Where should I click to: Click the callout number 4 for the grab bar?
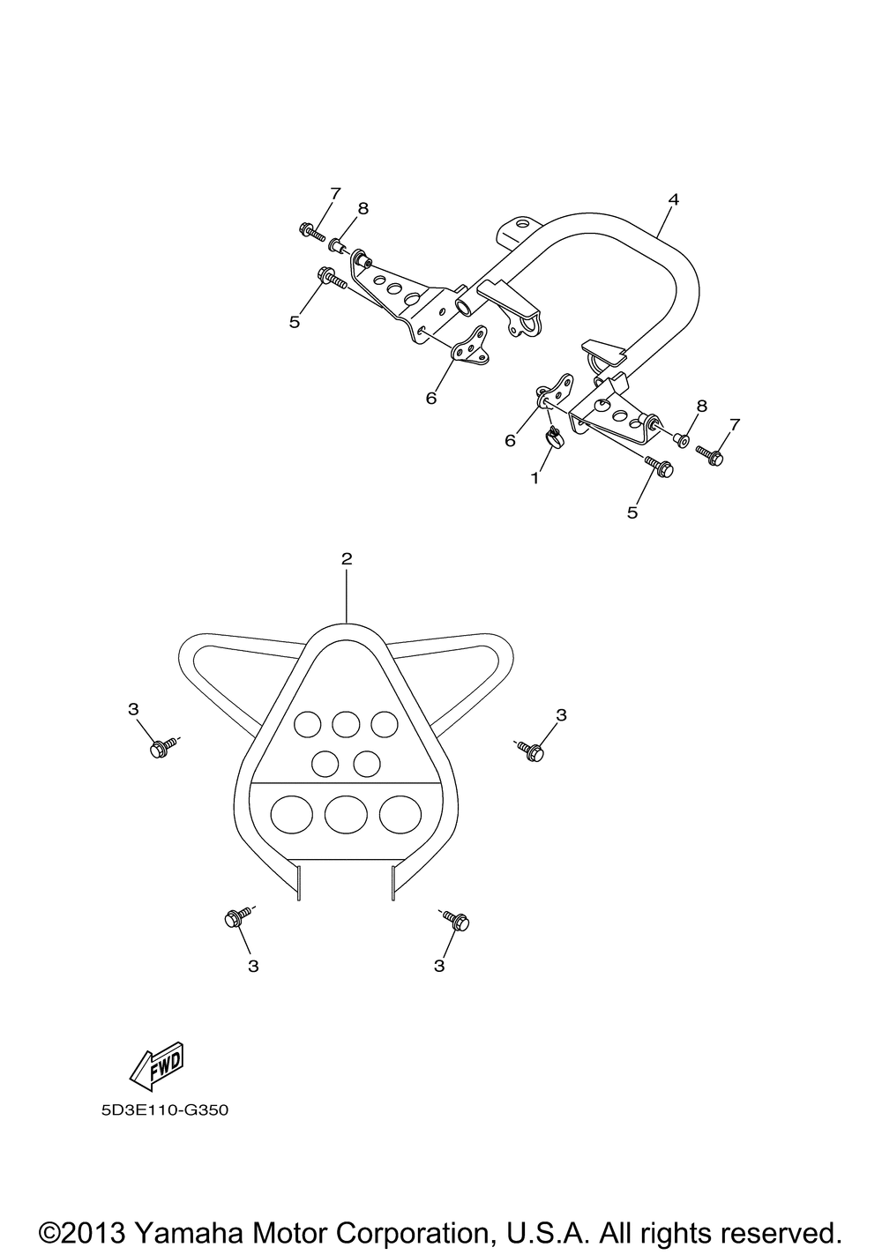[x=673, y=199]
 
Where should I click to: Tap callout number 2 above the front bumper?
[x=347, y=558]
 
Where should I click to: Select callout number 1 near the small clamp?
[x=535, y=478]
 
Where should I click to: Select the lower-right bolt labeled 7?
[x=710, y=454]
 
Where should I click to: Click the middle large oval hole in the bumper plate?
[x=346, y=813]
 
